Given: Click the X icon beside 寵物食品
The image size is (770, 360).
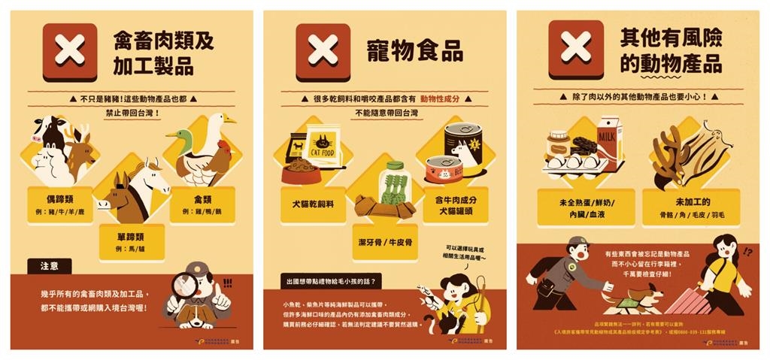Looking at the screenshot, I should pos(323,50).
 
